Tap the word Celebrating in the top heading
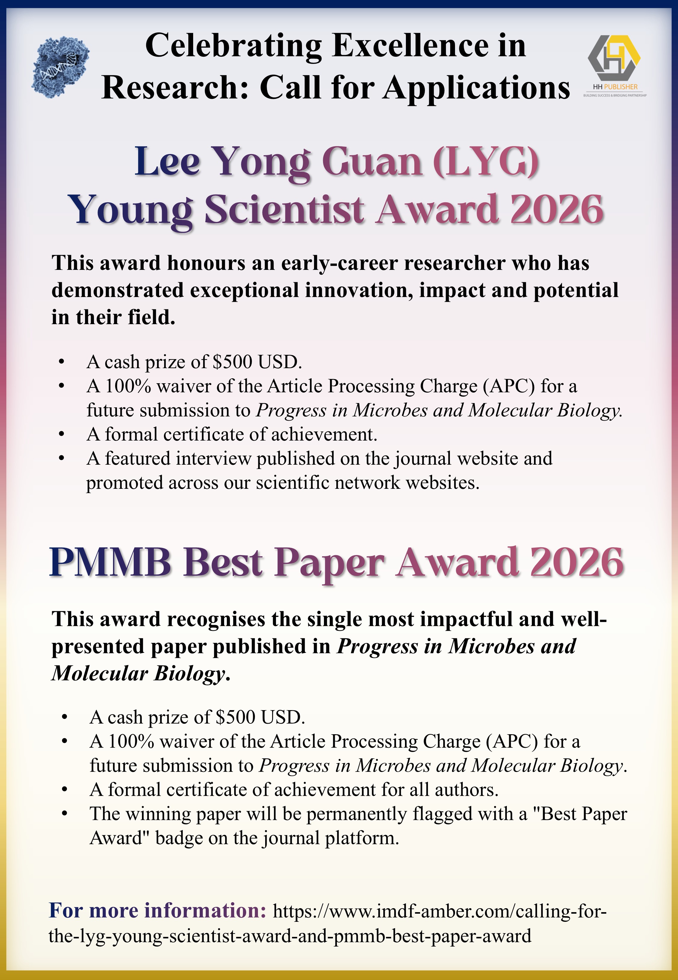233,46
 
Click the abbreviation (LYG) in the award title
485,162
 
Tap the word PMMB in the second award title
110,563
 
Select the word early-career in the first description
339,263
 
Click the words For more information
158,911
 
